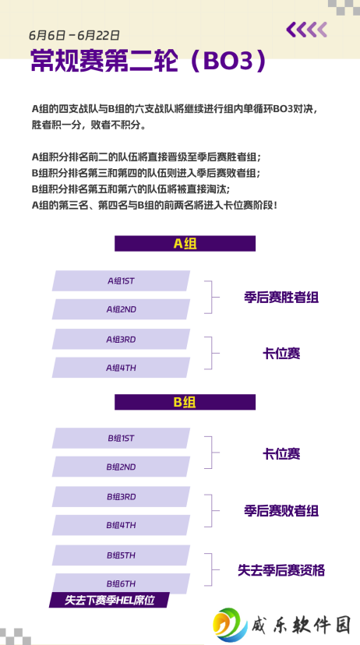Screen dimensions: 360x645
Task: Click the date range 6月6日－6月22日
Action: click(74, 35)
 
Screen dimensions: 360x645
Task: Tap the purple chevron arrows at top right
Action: click(306, 30)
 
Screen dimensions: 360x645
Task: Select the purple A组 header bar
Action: click(185, 244)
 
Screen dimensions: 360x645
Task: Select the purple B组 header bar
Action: click(185, 402)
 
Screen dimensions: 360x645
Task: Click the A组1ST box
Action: click(121, 281)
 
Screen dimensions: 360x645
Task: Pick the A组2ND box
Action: click(121, 309)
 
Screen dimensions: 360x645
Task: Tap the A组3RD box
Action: click(121, 340)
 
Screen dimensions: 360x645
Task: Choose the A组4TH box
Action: click(121, 368)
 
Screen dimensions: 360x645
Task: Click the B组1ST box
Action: click(121, 438)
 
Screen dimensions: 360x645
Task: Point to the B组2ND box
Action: click(121, 467)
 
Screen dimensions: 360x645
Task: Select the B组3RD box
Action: click(121, 496)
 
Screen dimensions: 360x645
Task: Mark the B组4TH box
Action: click(121, 525)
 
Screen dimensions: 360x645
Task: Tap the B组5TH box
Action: click(121, 555)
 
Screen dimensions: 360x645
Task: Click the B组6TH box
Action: click(121, 583)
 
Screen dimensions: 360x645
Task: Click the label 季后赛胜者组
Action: click(281, 298)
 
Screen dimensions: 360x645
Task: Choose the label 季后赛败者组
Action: click(281, 511)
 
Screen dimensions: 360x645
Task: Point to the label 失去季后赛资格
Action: click(281, 570)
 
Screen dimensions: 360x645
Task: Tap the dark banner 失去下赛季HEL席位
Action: click(109, 600)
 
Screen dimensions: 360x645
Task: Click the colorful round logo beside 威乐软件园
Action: click(230, 625)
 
